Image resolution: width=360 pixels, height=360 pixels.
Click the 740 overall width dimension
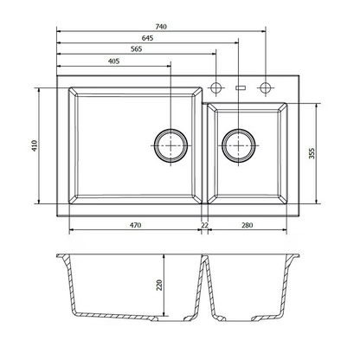[x=161, y=27]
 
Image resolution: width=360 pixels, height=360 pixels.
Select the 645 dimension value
[x=147, y=38]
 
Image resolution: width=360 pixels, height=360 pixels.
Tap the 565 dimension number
[x=137, y=49]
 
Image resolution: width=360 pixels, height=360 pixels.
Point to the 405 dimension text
[x=114, y=61]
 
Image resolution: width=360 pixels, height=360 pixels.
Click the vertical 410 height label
[x=35, y=146]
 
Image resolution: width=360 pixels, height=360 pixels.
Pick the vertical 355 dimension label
[x=312, y=153]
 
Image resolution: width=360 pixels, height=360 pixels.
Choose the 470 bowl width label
[x=135, y=225]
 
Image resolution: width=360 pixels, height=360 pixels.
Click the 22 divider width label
[x=204, y=225]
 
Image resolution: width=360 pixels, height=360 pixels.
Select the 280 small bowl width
[x=247, y=225]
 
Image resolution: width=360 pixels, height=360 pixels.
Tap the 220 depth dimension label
[x=159, y=285]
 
